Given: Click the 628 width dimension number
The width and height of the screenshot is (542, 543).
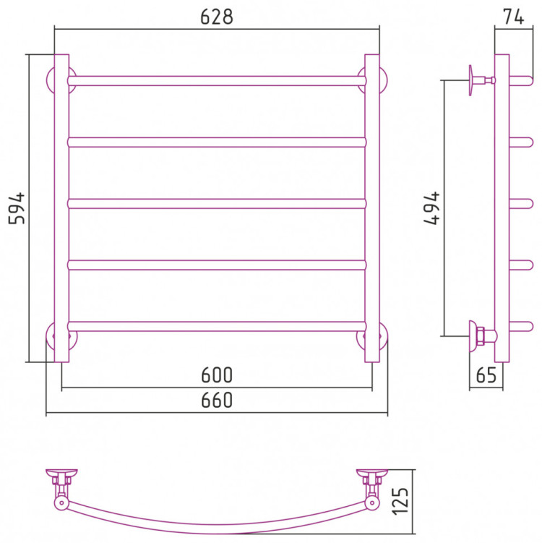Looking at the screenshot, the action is tap(217, 17).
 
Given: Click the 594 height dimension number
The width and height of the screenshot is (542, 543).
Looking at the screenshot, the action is tap(17, 208).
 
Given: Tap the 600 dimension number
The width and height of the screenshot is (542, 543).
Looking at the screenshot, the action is tap(217, 375).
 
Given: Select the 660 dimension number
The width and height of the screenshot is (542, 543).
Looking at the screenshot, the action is tap(217, 400).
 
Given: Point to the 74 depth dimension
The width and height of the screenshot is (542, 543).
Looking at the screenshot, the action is tap(514, 17).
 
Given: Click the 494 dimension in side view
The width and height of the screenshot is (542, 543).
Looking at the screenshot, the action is tap(431, 208).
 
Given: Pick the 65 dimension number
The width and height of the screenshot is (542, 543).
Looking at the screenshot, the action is tap(486, 375).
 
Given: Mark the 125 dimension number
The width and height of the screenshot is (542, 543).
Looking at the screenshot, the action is tap(400, 501).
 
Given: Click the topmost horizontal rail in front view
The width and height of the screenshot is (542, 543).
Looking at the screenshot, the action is tap(217, 81).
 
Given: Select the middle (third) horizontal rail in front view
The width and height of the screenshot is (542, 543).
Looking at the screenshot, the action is tap(217, 204).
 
